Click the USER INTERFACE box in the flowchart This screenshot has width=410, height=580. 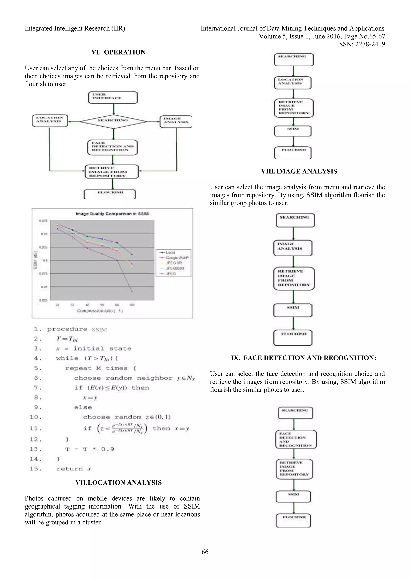[x=113, y=98]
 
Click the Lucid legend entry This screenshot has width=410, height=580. [x=170, y=252]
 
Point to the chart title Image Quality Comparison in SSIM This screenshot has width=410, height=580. [x=112, y=214]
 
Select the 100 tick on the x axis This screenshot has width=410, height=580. [x=132, y=305]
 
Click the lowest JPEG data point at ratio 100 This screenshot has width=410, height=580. [x=132, y=292]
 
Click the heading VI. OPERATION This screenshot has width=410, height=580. [x=118, y=52]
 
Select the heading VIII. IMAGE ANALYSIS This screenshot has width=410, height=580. [x=299, y=171]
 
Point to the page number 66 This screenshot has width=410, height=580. [x=205, y=552]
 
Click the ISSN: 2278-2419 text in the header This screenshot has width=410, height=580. [x=361, y=44]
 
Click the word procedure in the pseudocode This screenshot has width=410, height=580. [x=67, y=329]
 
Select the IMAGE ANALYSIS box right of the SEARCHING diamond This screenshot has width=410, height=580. [x=176, y=121]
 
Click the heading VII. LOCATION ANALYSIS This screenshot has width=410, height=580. [x=118, y=483]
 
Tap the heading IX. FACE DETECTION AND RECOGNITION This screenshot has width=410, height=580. [x=303, y=358]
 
